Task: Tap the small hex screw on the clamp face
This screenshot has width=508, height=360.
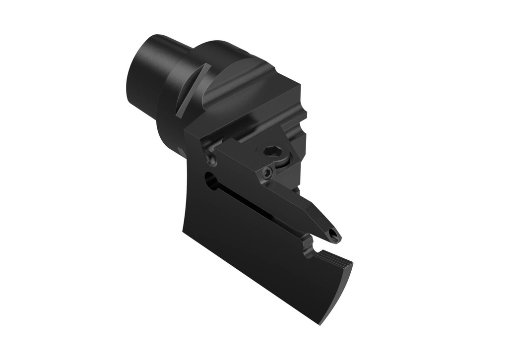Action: click(x=267, y=173)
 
